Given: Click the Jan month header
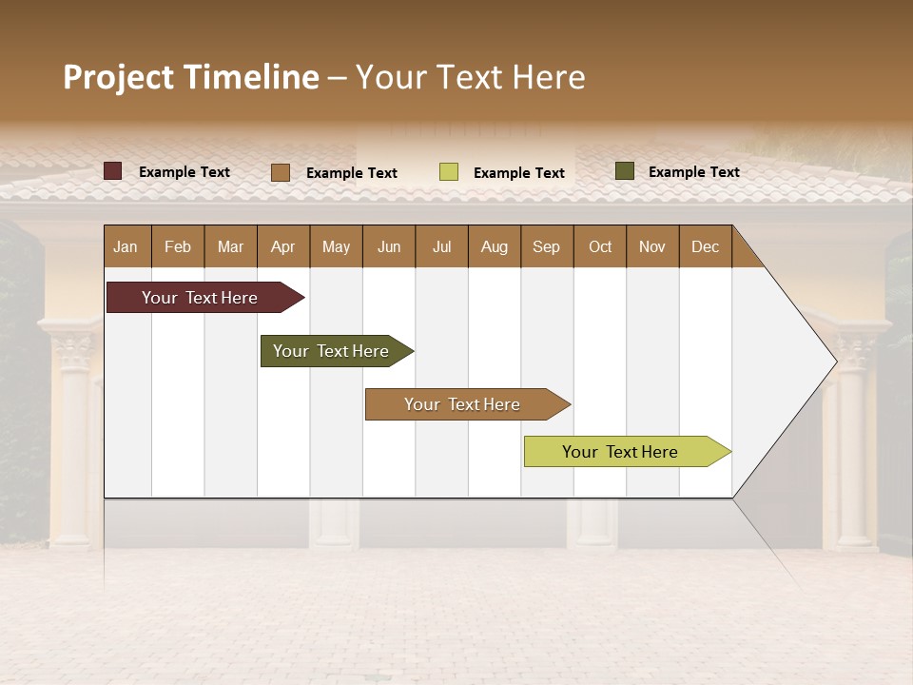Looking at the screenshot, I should (126, 246).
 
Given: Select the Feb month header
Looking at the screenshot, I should (178, 246).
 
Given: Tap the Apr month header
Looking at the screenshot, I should (282, 246).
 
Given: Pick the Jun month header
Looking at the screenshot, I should (389, 246).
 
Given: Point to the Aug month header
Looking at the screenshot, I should (494, 246).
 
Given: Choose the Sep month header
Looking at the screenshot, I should (546, 246).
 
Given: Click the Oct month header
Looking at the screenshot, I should (600, 246).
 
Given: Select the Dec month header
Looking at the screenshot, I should (705, 246).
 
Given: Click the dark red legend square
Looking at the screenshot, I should (113, 171).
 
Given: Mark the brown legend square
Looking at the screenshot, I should (281, 172).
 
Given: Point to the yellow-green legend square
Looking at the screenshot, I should (449, 172).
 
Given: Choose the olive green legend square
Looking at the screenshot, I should (624, 171).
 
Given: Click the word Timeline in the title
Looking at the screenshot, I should (250, 77).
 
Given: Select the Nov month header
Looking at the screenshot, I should (651, 246).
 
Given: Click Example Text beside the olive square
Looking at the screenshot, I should (693, 172).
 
